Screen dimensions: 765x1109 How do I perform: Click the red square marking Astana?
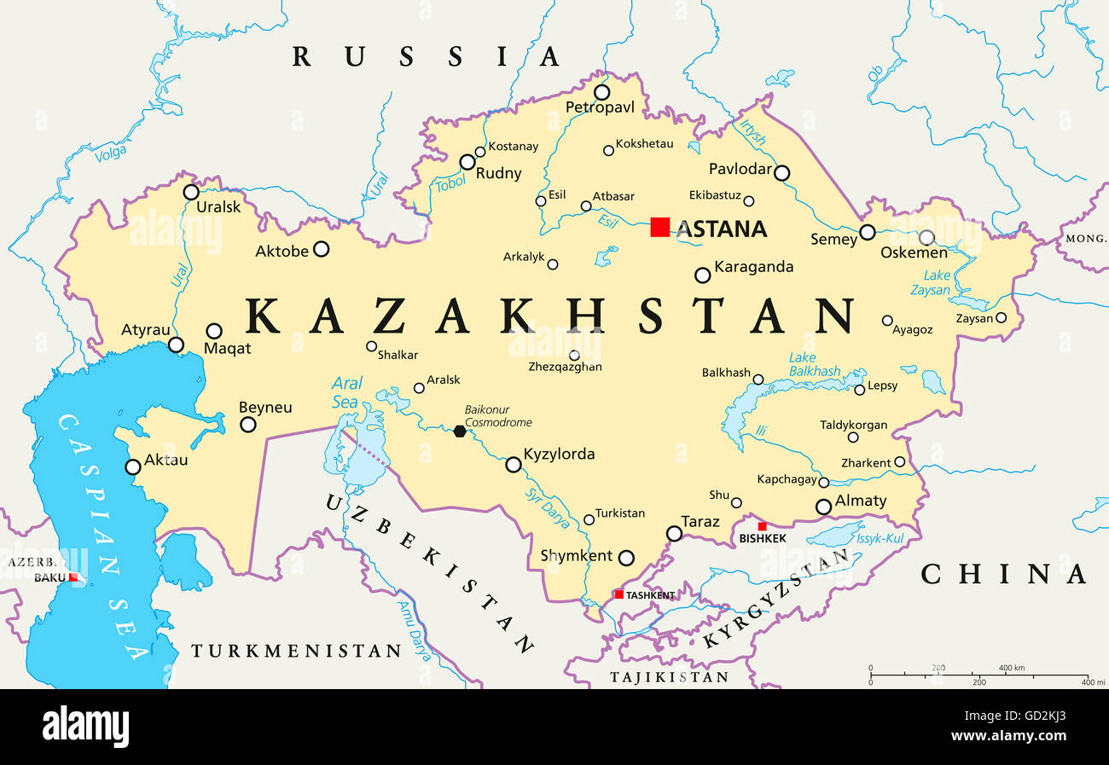tap(659, 227)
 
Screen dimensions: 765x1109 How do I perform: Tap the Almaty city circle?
tap(823, 507)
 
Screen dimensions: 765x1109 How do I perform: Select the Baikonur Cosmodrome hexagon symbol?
tap(460, 431)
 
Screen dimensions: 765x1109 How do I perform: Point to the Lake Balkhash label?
tap(813, 365)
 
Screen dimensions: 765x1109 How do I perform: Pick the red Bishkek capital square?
tap(762, 526)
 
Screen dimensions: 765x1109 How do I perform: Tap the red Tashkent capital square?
tap(618, 594)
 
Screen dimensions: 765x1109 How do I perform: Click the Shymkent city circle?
tap(626, 558)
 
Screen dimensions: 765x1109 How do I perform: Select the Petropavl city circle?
tap(602, 92)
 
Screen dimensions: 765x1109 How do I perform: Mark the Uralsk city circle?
tap(191, 192)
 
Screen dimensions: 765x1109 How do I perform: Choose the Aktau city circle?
tap(133, 467)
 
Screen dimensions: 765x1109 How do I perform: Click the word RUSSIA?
tap(426, 57)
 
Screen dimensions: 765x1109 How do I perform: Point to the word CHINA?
tap(1003, 574)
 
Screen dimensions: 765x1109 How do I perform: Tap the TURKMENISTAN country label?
tap(295, 652)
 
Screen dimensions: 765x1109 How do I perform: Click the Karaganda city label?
tap(753, 267)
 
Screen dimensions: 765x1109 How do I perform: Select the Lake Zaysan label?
tap(937, 282)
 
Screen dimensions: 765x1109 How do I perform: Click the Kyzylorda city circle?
tap(514, 465)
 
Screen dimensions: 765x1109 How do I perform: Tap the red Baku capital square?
tap(73, 577)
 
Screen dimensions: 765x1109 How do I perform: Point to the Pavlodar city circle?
tap(781, 173)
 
